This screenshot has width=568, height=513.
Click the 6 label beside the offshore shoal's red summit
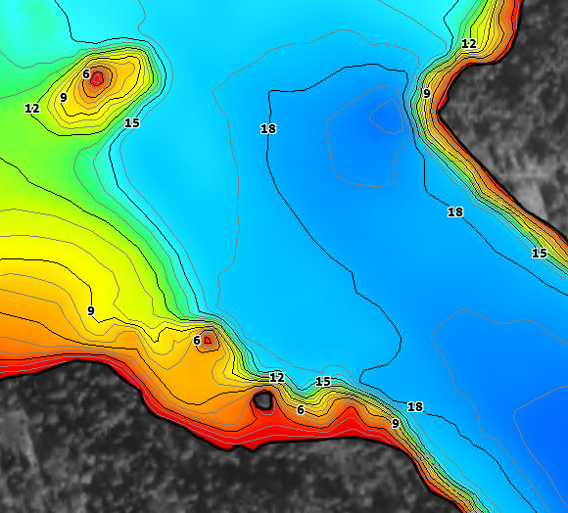click(x=86, y=74)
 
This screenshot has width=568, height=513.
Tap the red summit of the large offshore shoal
click(x=96, y=79)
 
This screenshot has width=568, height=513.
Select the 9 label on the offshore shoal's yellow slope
click(x=63, y=97)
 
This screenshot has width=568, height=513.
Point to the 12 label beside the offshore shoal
click(x=32, y=108)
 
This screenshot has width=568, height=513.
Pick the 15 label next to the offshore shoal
click(x=132, y=122)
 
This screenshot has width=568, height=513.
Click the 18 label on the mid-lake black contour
click(x=267, y=128)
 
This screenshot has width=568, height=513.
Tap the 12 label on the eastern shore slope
click(x=468, y=44)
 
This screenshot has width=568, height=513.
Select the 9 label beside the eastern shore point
click(x=426, y=93)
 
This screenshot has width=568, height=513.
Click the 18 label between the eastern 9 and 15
click(x=455, y=211)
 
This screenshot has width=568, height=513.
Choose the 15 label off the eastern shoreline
click(x=539, y=253)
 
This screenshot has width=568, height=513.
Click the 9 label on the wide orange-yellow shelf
click(x=90, y=310)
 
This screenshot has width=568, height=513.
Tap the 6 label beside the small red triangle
click(x=197, y=341)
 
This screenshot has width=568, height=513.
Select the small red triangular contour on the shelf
click(x=207, y=341)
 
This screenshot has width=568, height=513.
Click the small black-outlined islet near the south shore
click(x=262, y=399)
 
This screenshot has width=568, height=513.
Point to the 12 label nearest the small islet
click(x=276, y=377)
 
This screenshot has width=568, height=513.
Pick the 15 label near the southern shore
click(x=323, y=381)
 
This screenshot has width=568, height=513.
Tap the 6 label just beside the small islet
click(x=301, y=409)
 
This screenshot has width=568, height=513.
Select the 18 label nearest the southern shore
click(x=414, y=406)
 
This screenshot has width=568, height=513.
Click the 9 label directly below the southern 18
click(x=395, y=423)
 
